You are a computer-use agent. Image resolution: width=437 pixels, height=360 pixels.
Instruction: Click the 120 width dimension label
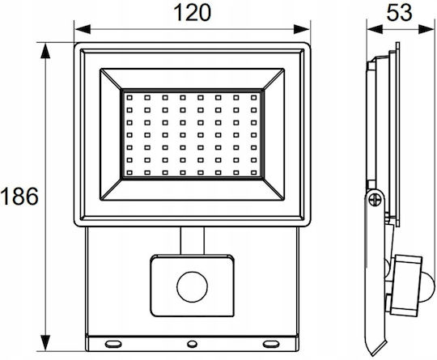pos(193,12)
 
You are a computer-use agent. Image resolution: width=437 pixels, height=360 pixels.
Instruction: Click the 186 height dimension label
pos(19,196)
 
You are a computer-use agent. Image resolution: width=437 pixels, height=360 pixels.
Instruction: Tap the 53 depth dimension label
pos(399,12)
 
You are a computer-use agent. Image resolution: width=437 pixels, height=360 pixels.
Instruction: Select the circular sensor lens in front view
pos(193,287)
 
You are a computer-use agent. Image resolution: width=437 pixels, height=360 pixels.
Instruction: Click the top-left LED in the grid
pos(129,98)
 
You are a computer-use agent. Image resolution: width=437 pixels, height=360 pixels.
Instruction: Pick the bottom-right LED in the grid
pos(253,173)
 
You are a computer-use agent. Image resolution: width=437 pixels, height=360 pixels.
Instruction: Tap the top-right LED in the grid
pos(253,98)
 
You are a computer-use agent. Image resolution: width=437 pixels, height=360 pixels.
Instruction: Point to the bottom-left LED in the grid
pos(129,173)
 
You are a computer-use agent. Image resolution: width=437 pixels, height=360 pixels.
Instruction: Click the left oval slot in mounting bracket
pos(113,344)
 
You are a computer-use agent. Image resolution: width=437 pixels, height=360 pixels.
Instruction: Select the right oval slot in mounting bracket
pos(271,344)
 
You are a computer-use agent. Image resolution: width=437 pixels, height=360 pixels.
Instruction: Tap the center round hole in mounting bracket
pos(192,344)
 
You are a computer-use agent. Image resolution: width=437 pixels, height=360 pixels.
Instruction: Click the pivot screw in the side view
pos(375,200)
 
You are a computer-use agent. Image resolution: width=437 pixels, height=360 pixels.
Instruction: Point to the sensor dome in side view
pos(426,287)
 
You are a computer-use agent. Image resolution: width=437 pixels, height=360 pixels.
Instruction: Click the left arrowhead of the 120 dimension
pos(83,29)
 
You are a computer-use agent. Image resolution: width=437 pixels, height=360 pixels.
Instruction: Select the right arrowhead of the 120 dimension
pos(302,29)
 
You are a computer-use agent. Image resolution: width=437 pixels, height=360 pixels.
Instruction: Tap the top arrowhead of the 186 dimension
pos(45,51)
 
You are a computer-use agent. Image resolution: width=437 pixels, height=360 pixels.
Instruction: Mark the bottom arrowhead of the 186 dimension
pos(45,343)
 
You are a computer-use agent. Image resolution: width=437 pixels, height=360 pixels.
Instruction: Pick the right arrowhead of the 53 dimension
pos(426,29)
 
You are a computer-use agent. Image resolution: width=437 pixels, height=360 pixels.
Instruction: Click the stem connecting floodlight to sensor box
pos(193,241)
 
